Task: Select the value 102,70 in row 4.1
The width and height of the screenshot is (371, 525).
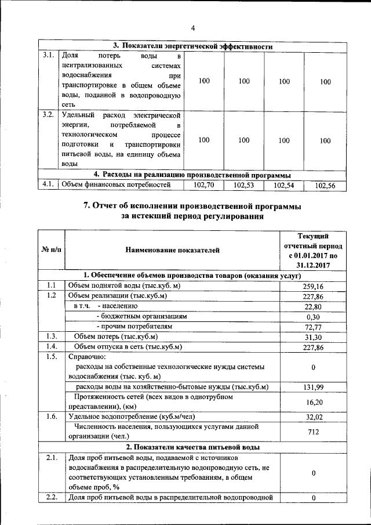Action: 203,186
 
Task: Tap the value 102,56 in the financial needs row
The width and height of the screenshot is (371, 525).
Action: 325,186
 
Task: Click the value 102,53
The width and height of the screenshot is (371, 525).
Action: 244,186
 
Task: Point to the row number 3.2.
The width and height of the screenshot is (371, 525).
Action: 49,114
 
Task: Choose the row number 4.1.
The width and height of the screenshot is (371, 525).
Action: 49,185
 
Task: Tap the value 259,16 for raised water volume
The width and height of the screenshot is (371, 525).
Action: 313,287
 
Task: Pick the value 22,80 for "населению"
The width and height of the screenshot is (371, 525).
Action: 313,307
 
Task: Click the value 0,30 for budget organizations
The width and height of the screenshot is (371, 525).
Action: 313,317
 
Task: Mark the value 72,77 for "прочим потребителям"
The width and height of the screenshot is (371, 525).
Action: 313,328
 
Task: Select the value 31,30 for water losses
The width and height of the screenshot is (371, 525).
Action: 313,338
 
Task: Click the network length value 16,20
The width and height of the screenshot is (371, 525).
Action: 313,401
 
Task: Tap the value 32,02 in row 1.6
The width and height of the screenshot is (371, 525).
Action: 313,417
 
